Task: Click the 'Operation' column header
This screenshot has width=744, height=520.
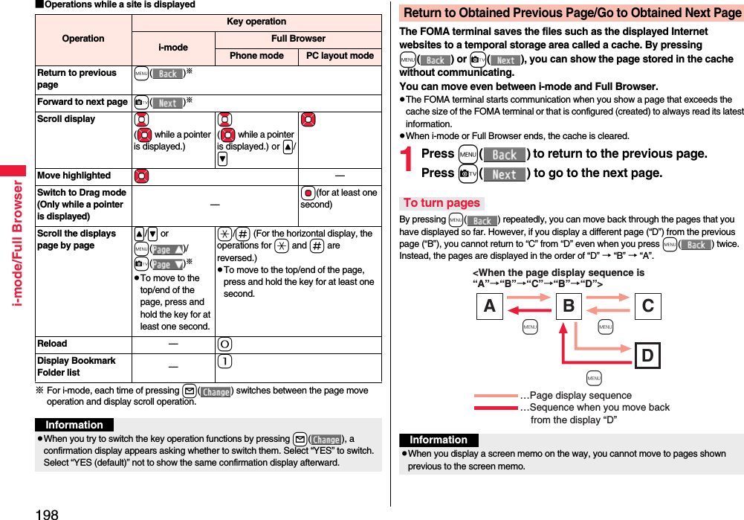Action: pos(83,39)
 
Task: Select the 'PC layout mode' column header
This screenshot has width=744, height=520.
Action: pos(340,56)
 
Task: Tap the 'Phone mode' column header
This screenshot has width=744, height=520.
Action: pos(256,56)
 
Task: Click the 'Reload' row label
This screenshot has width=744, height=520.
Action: pos(52,344)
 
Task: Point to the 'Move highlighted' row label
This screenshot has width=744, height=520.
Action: pos(74,176)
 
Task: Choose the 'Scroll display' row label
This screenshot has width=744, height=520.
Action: pos(66,119)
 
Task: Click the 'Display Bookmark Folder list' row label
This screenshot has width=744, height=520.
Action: pos(77,367)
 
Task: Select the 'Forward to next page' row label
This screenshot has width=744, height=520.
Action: pos(83,102)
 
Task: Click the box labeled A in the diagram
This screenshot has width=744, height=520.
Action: pos(489,306)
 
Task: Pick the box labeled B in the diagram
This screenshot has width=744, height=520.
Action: pos(569,306)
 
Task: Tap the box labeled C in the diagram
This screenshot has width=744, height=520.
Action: pos(647,306)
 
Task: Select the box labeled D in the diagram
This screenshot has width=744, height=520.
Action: pos(647,356)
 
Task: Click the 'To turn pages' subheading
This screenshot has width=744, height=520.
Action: pos(441,203)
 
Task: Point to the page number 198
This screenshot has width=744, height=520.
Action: pos(46,513)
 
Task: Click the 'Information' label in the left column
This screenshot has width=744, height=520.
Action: pos(74,425)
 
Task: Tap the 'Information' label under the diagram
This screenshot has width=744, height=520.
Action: pos(439,440)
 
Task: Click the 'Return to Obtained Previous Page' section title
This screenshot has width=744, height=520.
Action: pos(572,13)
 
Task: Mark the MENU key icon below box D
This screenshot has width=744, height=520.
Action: pos(594,379)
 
